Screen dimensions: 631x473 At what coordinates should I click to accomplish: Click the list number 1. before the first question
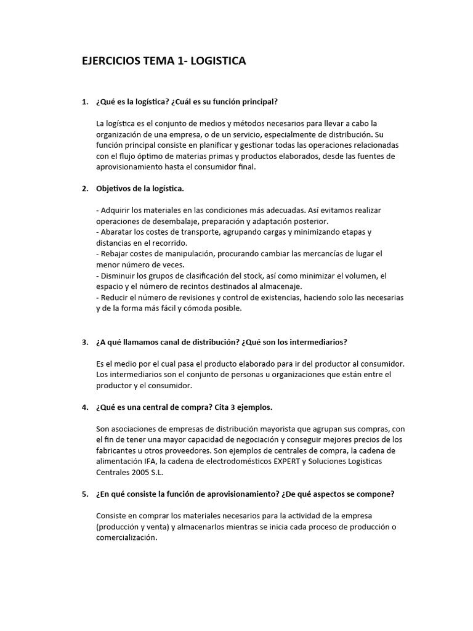85,101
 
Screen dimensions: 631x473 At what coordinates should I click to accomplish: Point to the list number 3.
85,342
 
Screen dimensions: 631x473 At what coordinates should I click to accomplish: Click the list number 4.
85,408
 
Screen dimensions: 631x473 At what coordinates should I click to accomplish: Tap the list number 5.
85,494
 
